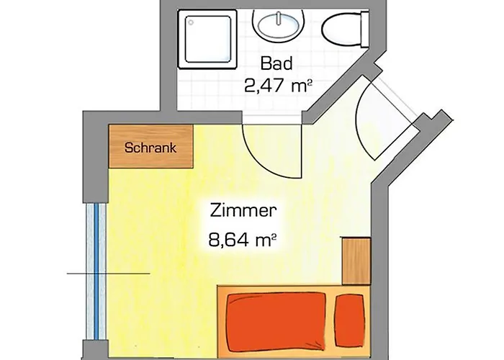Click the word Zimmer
point(243,212)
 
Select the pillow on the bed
point(352,315)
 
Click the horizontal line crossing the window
point(108,274)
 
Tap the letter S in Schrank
point(128,148)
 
